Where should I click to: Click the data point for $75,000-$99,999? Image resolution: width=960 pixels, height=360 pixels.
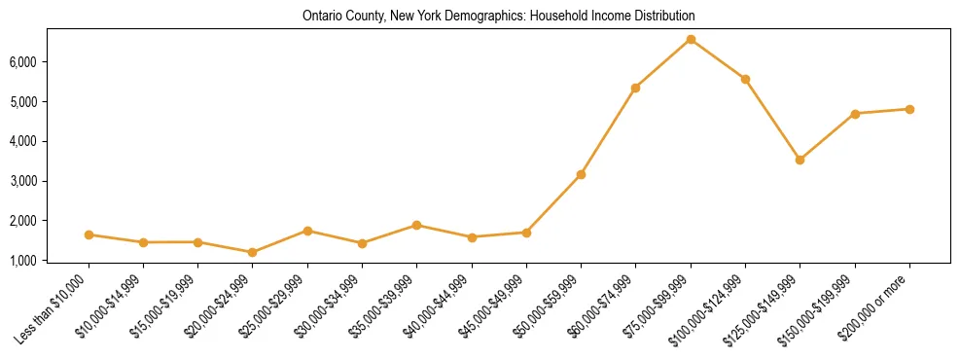pos(691,40)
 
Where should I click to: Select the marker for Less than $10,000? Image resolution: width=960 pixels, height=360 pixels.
pos(89,234)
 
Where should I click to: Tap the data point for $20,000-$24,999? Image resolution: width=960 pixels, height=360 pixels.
pos(253,252)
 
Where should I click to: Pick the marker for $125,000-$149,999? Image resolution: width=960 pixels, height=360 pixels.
pos(800,160)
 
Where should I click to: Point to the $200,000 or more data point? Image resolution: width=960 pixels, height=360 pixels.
pos(909,109)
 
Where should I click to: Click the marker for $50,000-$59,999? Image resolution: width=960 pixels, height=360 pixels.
pos(581,174)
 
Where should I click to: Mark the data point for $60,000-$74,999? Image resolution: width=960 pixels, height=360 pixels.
pos(635,88)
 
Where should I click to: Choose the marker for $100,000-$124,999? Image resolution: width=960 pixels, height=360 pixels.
pos(745,79)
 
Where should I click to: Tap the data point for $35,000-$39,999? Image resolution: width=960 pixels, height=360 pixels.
pos(417,225)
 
